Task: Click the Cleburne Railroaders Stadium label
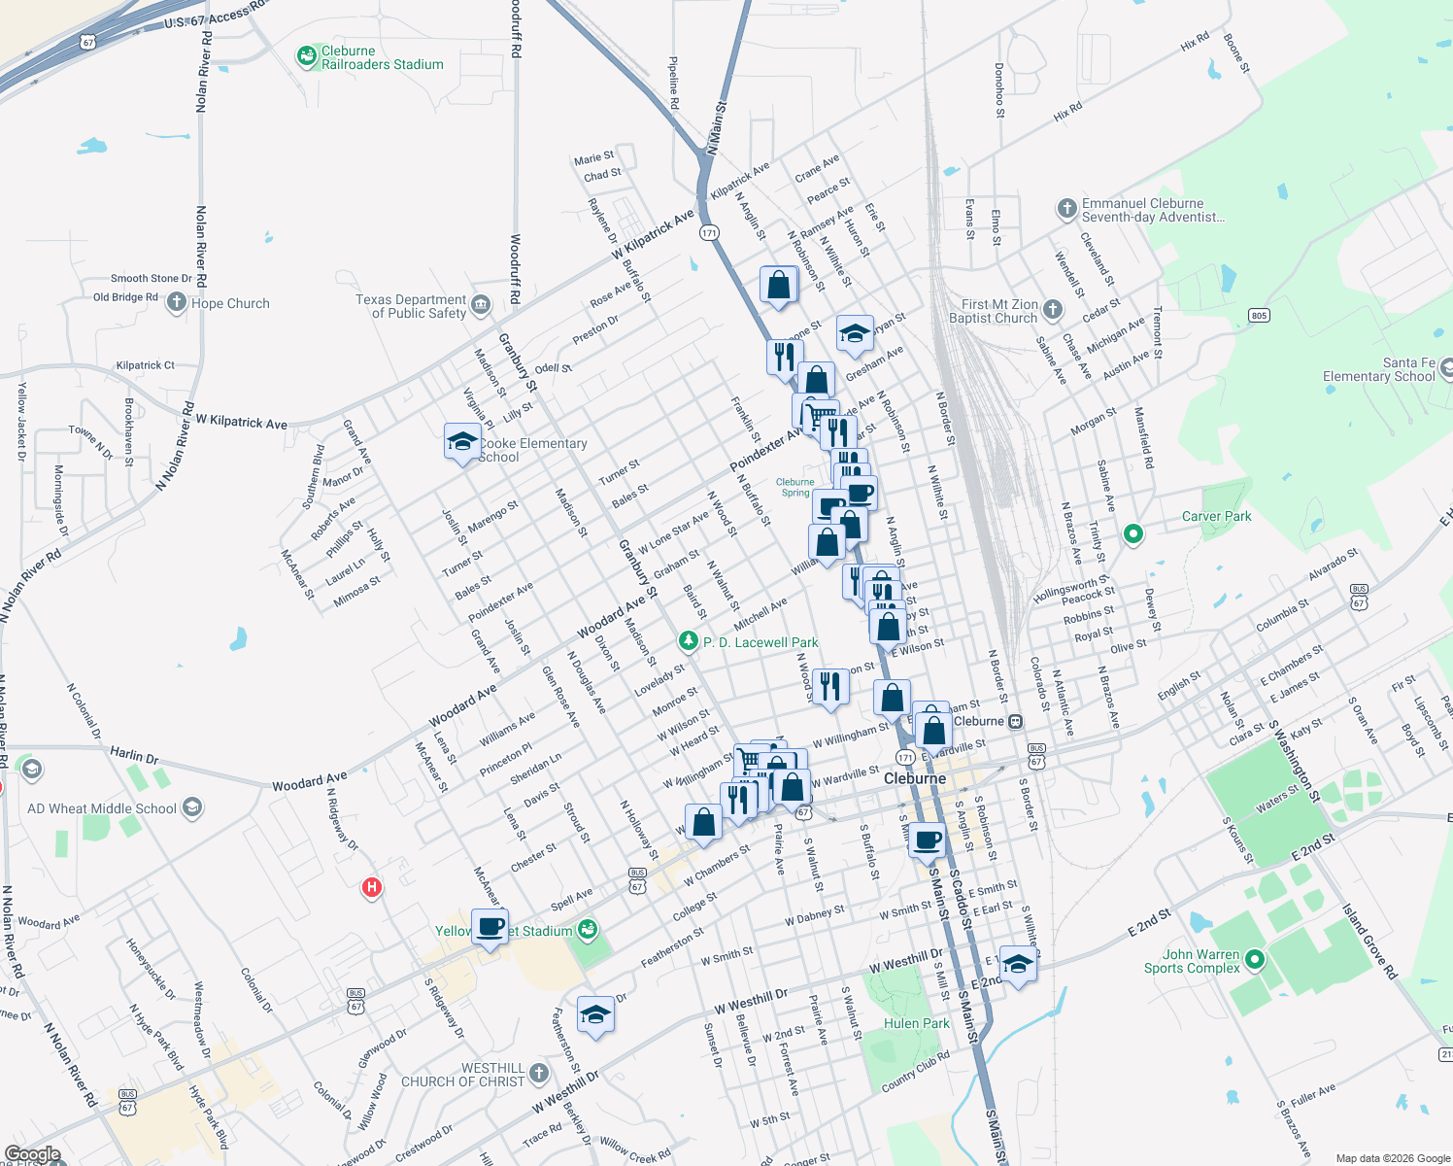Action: [382, 58]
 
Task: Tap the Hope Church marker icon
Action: [176, 303]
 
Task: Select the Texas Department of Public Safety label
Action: [411, 306]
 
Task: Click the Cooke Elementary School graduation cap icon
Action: [462, 442]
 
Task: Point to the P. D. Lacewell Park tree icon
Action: [689, 641]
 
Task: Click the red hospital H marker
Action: [371, 887]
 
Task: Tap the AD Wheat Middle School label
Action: [102, 808]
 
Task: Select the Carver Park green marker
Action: [1132, 533]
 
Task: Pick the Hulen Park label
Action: [917, 1023]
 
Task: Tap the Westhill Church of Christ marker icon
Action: [539, 1073]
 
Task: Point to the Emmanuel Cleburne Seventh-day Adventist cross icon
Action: [1066, 208]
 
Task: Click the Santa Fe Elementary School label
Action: [1378, 369]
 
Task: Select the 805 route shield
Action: [1259, 315]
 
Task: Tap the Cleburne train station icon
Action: [1015, 721]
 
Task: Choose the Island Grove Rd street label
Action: [1369, 941]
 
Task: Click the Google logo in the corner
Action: [32, 1154]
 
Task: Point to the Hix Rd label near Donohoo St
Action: [1067, 112]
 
